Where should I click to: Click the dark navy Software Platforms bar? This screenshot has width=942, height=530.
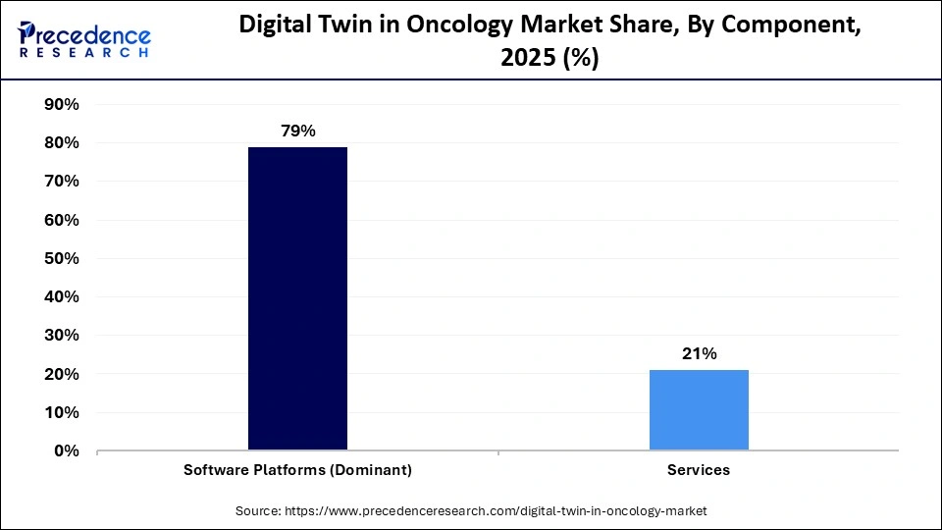coord(297,298)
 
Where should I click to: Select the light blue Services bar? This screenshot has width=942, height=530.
coord(699,410)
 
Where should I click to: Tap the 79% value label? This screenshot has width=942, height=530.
coord(297,131)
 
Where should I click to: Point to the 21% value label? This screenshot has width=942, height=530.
coord(699,354)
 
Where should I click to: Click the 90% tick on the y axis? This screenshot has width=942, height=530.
coord(62,104)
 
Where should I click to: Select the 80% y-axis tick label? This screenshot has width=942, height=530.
coord(62,143)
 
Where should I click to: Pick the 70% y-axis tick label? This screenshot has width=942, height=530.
coord(62,182)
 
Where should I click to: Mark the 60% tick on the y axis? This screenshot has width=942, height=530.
coord(62,220)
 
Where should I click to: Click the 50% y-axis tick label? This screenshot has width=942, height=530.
coord(62,259)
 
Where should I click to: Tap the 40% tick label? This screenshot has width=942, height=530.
coord(62,297)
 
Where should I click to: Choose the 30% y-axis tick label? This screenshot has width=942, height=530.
coord(62,336)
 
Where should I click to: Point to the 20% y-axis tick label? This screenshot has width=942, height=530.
coord(62,375)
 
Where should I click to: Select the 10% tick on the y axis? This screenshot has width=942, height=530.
coord(62,413)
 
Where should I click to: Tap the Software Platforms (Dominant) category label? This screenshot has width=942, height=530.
coord(297,470)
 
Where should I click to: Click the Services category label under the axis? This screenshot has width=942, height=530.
coord(699,470)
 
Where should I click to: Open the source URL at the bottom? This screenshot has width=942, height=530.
coord(471,511)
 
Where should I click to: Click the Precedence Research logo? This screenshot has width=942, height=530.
coord(84,39)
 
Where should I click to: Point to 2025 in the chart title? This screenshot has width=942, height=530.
coord(531,58)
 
